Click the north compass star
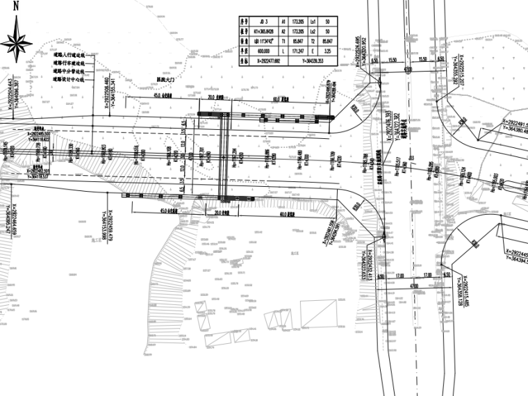[16, 41]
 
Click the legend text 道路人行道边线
[68, 53]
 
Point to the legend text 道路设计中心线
[68, 80]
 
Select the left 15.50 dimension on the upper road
[393, 60]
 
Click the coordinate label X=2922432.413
[370, 267]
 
